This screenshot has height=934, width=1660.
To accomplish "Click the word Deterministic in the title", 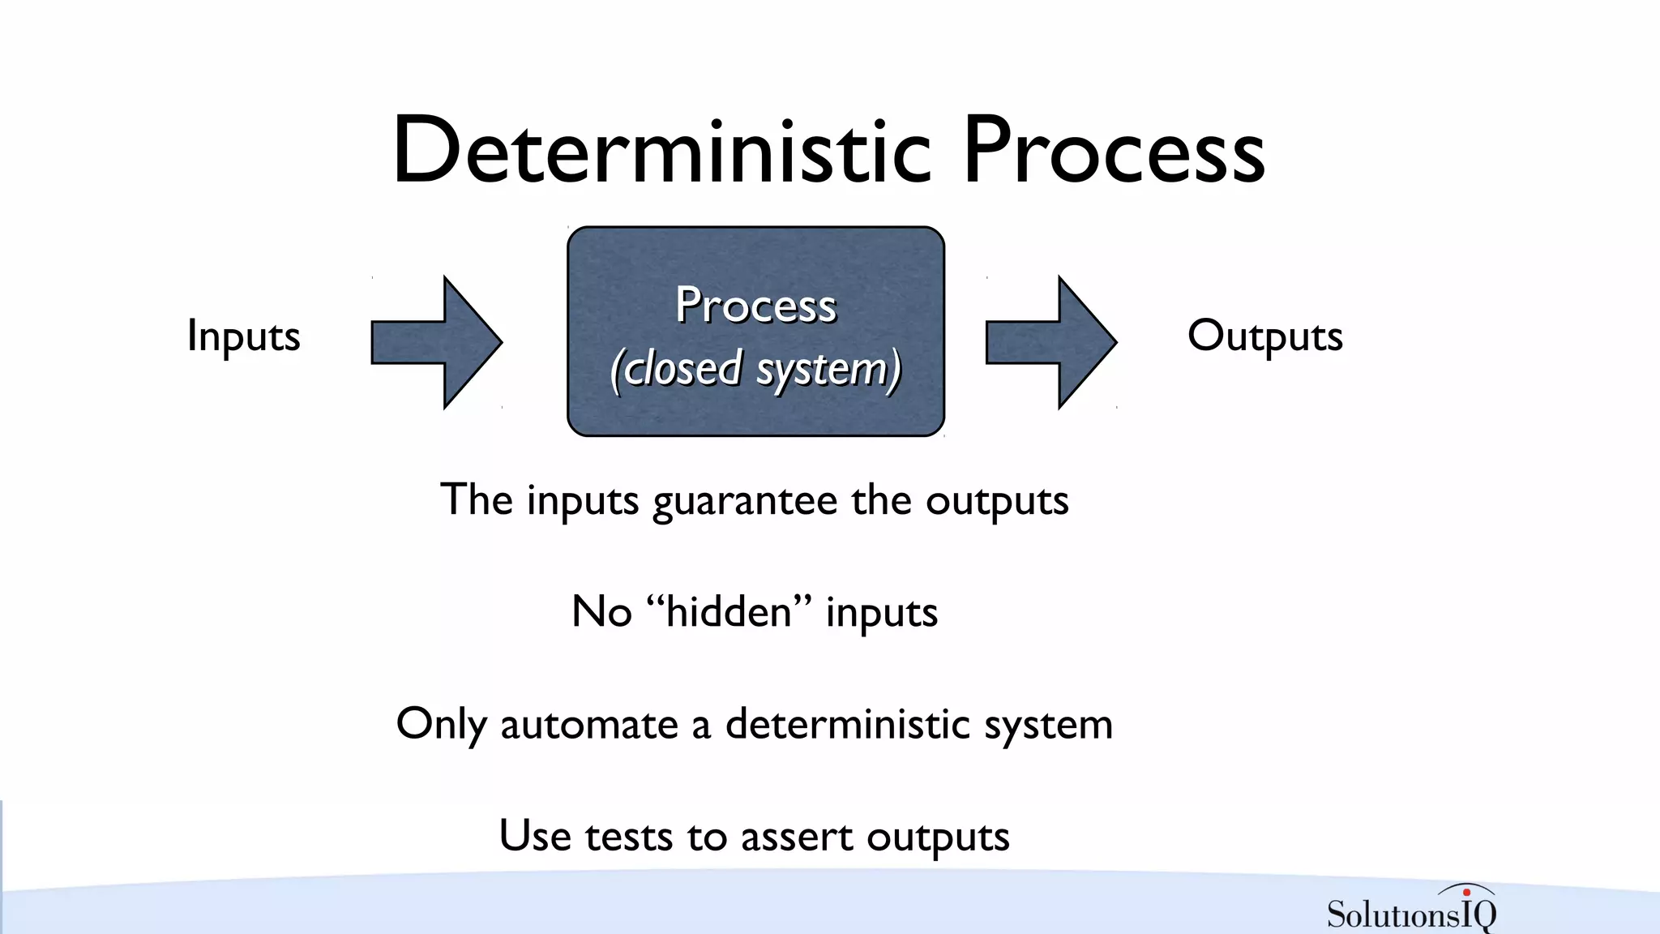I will (x=661, y=152).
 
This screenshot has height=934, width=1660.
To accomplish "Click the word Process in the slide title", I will (x=1114, y=152).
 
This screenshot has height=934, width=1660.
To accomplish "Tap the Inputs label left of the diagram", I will (x=243, y=336).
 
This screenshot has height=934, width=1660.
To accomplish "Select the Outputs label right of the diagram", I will (x=1264, y=336).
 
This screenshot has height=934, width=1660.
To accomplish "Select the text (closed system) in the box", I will (x=755, y=369).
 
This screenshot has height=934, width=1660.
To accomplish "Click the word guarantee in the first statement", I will (x=745, y=501).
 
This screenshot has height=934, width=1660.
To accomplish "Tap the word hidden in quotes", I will (x=729, y=611).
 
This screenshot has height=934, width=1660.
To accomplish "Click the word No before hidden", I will (x=601, y=611).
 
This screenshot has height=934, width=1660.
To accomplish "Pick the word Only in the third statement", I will (x=441, y=724).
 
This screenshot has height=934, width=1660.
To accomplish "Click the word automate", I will (x=589, y=724).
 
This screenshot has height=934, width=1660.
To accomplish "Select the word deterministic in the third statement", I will (x=847, y=724).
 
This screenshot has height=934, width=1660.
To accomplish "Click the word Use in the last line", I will (x=534, y=836).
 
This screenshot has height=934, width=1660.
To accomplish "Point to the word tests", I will (x=629, y=836).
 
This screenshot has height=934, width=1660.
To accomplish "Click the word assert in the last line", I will (x=796, y=836).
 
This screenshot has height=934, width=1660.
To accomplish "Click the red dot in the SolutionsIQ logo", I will (x=1466, y=893).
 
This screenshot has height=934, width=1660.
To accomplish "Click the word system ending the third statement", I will (x=1048, y=724).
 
